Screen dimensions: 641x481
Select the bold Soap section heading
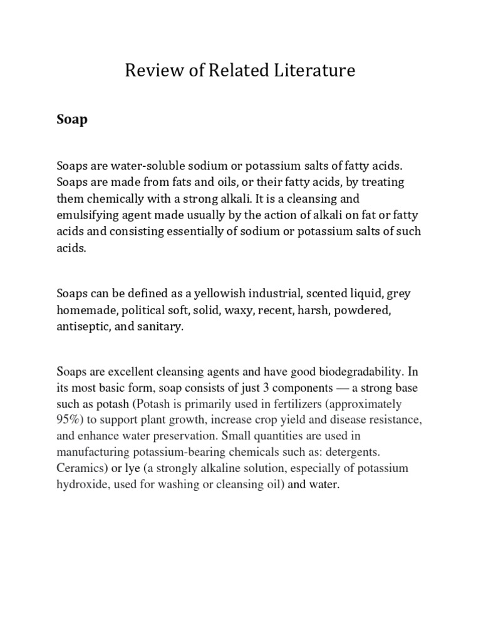click(x=72, y=119)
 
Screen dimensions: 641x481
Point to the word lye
click(x=138, y=468)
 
